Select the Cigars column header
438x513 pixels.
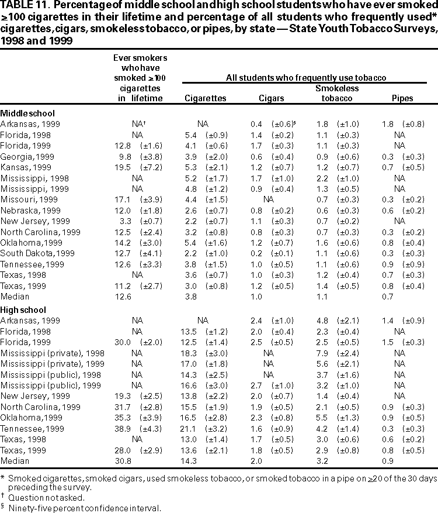tap(271, 99)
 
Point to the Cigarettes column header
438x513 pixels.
tap(205, 99)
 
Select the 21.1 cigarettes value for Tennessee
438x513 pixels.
tap(193, 428)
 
